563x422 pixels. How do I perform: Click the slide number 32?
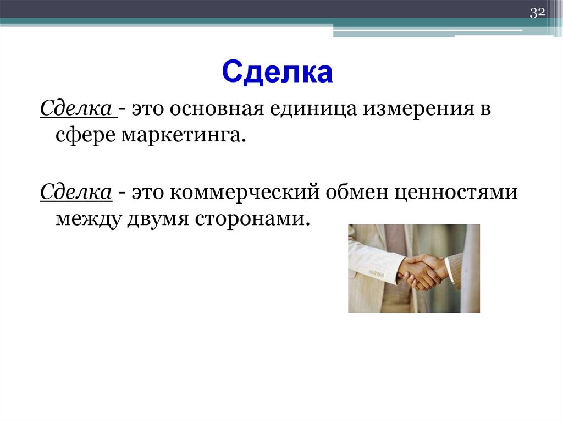pos(537,13)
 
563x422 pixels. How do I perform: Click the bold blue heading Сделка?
pos(278,73)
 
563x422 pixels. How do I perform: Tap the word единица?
pos(312,109)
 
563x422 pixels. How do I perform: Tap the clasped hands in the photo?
pos(421,271)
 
